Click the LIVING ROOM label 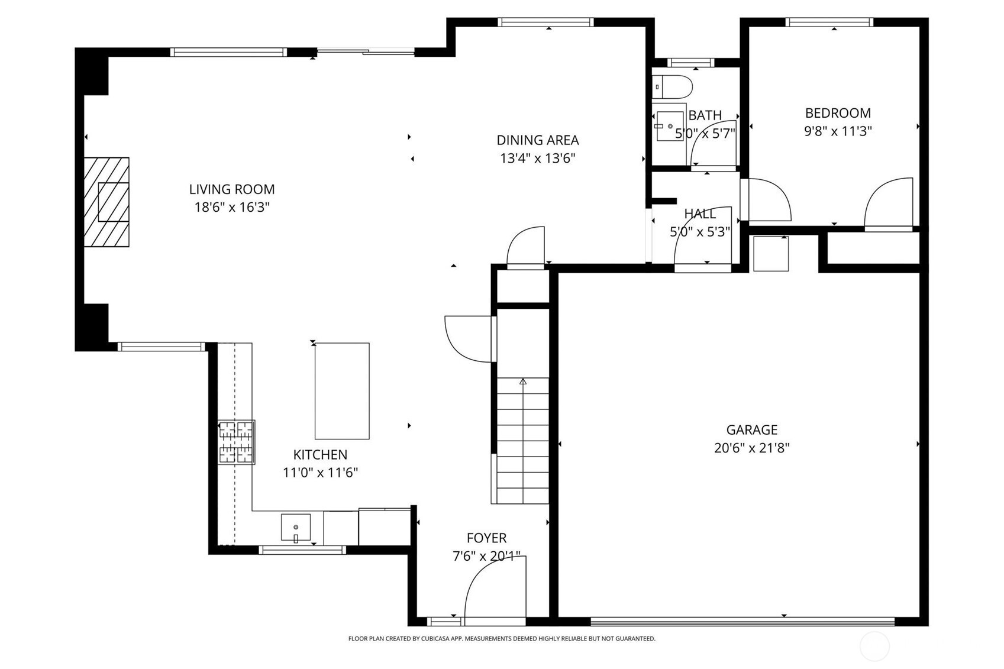232,189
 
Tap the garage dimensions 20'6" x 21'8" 751,448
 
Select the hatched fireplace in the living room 107,202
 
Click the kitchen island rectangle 342,391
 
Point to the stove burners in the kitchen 236,442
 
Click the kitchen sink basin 295,528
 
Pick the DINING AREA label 537,140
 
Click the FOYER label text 486,538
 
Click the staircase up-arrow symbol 522,382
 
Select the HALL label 700,214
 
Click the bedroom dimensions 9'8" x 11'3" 837,131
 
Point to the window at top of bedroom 829,22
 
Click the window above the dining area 545,22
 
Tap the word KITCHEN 320,454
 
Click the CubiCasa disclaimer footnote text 502,639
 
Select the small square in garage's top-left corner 770,254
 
